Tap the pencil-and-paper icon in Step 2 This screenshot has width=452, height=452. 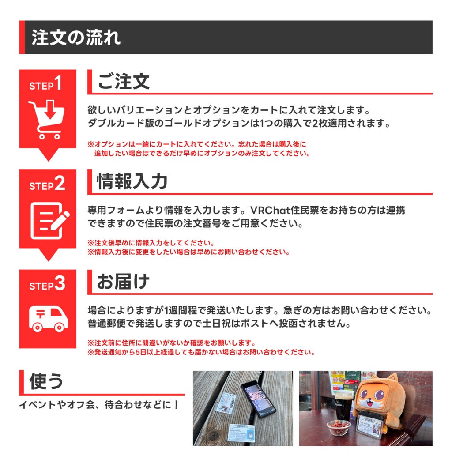[49, 220]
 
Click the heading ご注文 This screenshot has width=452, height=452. [124, 82]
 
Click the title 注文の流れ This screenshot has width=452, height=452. [76, 38]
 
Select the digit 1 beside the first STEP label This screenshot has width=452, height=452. [58, 84]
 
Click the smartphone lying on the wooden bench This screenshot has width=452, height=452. [259, 398]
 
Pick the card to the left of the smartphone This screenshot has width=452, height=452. [227, 403]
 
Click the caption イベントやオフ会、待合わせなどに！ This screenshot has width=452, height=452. [99, 404]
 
